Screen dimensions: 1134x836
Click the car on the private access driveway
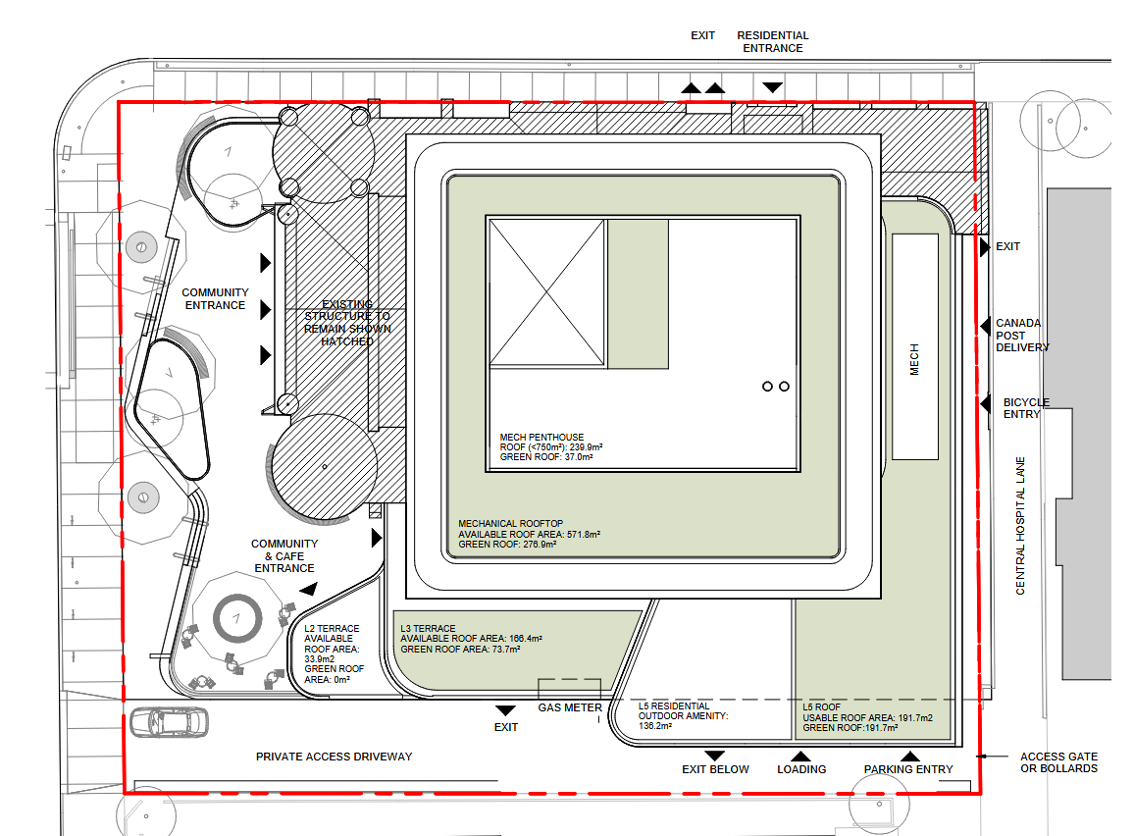click(x=170, y=722)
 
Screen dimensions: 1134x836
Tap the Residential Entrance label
click(x=772, y=42)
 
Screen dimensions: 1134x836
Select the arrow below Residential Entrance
click(x=772, y=87)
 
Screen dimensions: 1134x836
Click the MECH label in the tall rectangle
click(x=914, y=359)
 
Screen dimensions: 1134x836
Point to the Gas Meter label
click(x=570, y=708)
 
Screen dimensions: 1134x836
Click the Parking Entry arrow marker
click(x=909, y=757)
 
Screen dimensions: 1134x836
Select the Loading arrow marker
click(x=800, y=757)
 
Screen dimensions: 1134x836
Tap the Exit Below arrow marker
click(x=714, y=757)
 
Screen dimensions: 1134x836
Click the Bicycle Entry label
click(x=1025, y=408)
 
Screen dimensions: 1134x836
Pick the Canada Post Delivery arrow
click(x=985, y=326)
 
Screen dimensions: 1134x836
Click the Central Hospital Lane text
click(x=1020, y=526)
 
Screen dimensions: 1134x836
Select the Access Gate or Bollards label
click(x=1058, y=762)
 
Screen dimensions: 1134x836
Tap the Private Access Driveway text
click(x=335, y=757)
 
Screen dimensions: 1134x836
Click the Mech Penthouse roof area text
click(x=551, y=446)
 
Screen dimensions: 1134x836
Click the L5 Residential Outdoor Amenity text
click(x=683, y=716)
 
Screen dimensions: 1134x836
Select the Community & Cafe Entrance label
click(x=284, y=556)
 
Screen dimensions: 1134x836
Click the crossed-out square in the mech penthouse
click(x=546, y=292)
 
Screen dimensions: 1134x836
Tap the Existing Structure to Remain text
click(x=347, y=323)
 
